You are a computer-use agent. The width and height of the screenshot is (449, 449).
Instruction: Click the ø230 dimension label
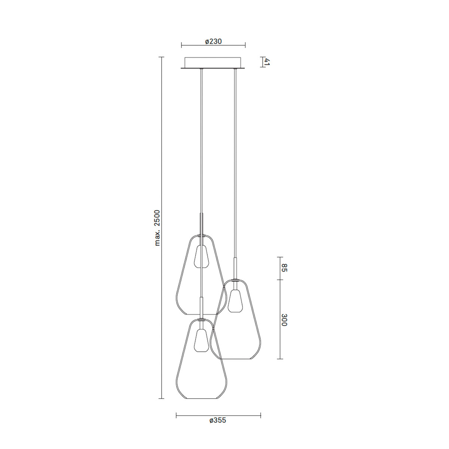[x=213, y=42]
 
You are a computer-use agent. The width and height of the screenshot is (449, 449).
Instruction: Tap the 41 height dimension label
[x=267, y=62]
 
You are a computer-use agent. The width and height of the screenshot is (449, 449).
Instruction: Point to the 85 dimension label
[x=284, y=268]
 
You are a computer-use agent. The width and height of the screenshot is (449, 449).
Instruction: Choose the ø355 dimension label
[x=218, y=420]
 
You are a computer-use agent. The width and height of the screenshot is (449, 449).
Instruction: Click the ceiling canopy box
[x=213, y=62]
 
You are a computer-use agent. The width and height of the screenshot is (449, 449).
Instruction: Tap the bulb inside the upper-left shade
[x=201, y=257]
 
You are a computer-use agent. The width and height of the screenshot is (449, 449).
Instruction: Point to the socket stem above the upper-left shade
[x=201, y=224]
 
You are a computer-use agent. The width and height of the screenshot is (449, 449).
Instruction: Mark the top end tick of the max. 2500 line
[x=162, y=57]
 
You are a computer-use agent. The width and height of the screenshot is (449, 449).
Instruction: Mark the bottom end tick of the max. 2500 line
[x=162, y=398]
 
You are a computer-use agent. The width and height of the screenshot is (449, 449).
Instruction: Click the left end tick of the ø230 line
[x=181, y=46]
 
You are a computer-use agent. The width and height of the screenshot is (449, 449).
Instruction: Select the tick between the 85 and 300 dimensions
[x=280, y=280]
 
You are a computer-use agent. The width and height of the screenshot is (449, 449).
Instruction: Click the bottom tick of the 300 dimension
[x=280, y=359]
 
